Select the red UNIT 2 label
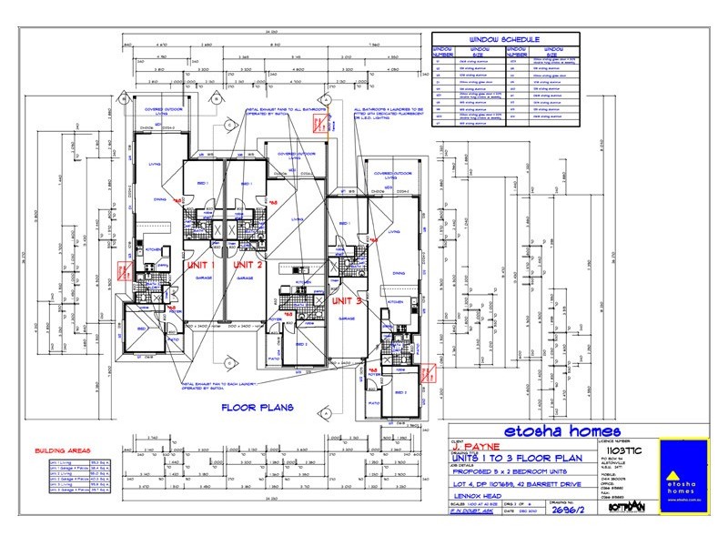[247, 265]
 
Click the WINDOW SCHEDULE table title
[504, 40]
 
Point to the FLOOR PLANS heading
[258, 408]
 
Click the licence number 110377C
[617, 449]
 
